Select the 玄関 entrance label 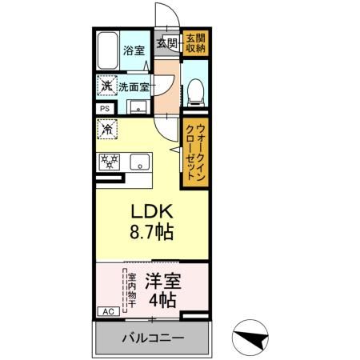[166, 42]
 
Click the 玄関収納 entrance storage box [194, 43]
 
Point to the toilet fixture [194, 93]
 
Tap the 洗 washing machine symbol [106, 86]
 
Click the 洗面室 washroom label [134, 86]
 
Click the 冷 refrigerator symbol [107, 129]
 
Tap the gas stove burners [109, 160]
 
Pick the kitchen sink [138, 160]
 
